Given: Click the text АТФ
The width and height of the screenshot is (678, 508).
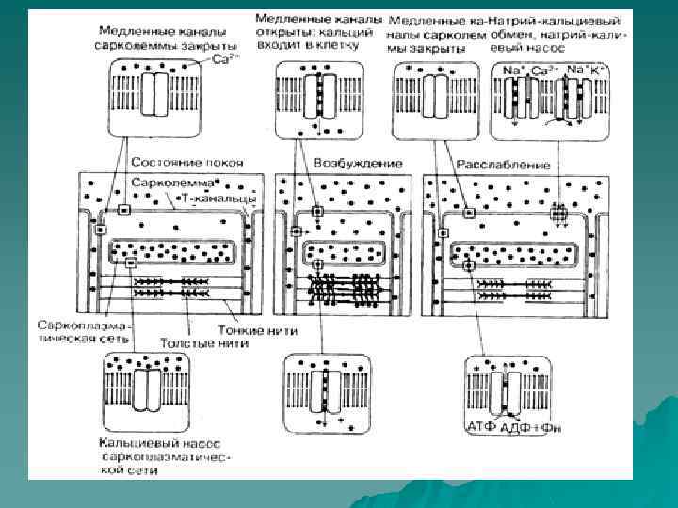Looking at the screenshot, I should click(x=482, y=428).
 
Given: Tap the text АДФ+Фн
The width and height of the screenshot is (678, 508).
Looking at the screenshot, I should click(x=528, y=428).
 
